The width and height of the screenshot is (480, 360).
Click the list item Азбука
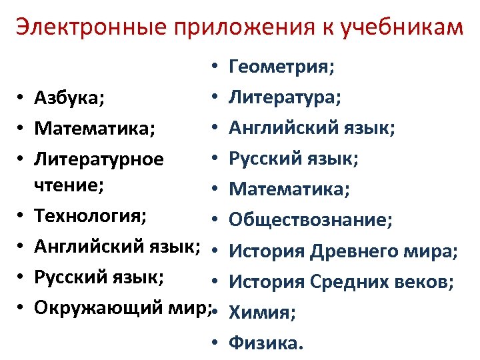(69, 99)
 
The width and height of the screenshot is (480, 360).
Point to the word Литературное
(99, 160)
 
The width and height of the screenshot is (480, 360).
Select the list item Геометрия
(281, 68)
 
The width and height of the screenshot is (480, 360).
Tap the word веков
(427, 283)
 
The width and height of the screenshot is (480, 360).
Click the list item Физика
(265, 343)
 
